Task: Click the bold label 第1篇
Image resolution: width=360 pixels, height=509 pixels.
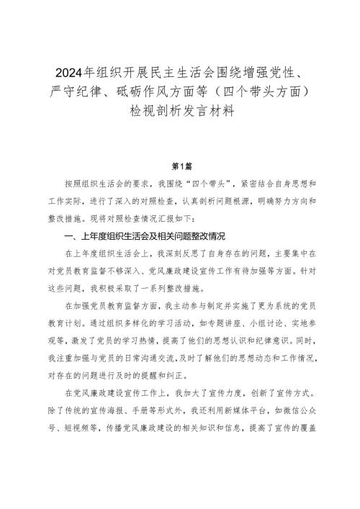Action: pyautogui.click(x=180, y=165)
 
